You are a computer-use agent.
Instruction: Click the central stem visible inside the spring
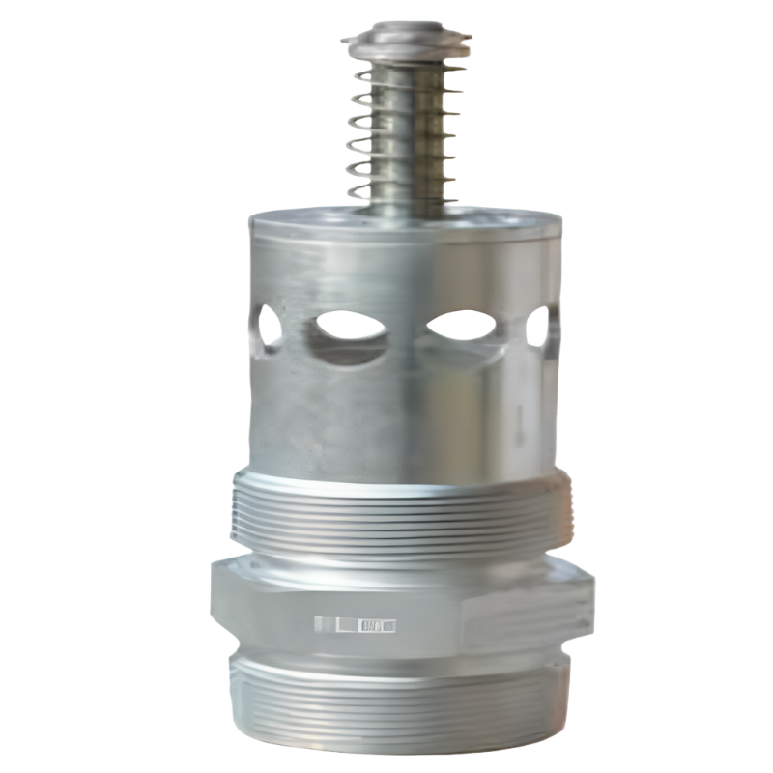coord(406,126)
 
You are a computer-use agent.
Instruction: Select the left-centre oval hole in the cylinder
coord(348,327)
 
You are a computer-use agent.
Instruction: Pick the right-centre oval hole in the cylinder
coord(462,326)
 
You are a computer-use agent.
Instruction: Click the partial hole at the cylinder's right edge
coord(543,327)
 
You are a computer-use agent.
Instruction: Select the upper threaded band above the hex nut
coord(401,517)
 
